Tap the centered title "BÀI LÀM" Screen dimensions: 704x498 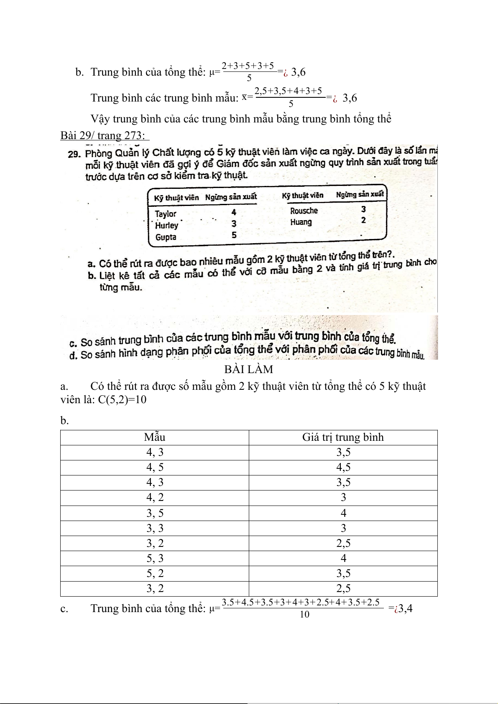pos(249,369)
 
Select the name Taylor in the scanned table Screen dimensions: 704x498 pos(166,214)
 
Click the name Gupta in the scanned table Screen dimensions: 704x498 pos(166,237)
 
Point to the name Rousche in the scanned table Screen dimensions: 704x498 pos(304,211)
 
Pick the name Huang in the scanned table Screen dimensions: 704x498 pos(301,222)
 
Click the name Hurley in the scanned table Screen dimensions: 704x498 pos(166,226)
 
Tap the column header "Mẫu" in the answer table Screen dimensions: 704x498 pos(155,437)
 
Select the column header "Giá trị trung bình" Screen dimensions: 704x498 pos(343,437)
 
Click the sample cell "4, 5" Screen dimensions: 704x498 pos(155,468)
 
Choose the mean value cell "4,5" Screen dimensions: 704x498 pos(343,468)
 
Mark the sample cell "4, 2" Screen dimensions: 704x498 pos(155,498)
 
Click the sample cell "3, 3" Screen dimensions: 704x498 pos(155,529)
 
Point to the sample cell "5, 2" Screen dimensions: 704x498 pos(155,574)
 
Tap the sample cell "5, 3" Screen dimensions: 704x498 pos(155,559)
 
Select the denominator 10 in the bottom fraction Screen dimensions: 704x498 pos(304,614)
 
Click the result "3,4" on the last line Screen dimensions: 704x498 pos(405,608)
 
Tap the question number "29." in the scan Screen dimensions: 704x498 pos(74,154)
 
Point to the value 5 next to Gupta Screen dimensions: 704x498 pos(234,235)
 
